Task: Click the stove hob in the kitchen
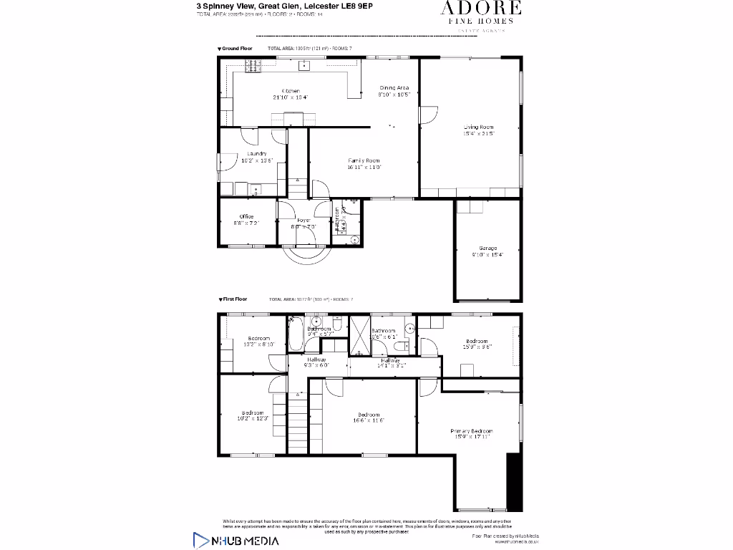[253, 67]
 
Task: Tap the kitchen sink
[304, 67]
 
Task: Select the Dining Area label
[394, 88]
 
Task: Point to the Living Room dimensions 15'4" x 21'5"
[479, 133]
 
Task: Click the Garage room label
[487, 249]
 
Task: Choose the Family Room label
[364, 161]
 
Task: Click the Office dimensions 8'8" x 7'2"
[246, 223]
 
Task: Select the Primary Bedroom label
[471, 431]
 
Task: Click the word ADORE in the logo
[480, 9]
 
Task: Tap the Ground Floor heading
[237, 48]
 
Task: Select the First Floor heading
[235, 299]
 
